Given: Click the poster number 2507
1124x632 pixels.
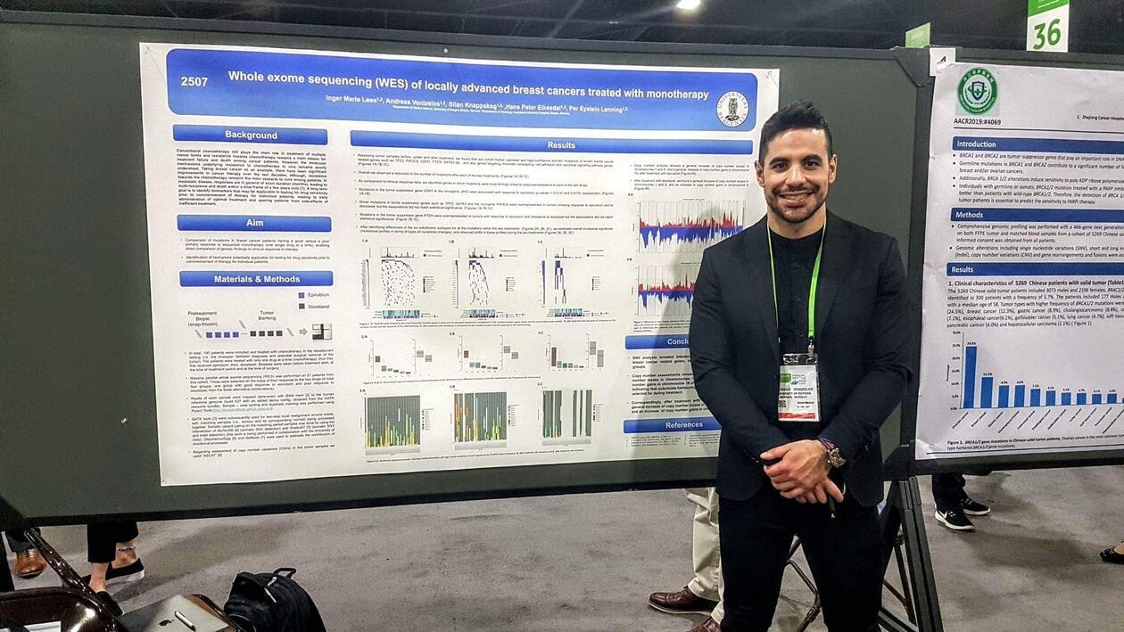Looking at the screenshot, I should point(194,81).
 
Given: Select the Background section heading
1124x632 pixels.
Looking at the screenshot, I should point(251,135).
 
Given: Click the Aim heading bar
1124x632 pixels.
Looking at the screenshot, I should point(253,223).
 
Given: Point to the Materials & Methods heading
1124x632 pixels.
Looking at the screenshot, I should point(256,279).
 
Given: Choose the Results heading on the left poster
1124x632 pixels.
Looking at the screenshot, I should point(560,144).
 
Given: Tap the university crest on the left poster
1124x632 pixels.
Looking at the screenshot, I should point(732,108).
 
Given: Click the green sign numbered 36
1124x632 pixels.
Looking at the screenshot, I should point(1047,27).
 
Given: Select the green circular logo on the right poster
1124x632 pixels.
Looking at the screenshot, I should point(977,90).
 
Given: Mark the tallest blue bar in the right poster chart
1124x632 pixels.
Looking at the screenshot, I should point(970,377).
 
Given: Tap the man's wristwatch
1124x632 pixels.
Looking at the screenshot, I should point(834,456).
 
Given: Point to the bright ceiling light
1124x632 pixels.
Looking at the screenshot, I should point(688,4).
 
